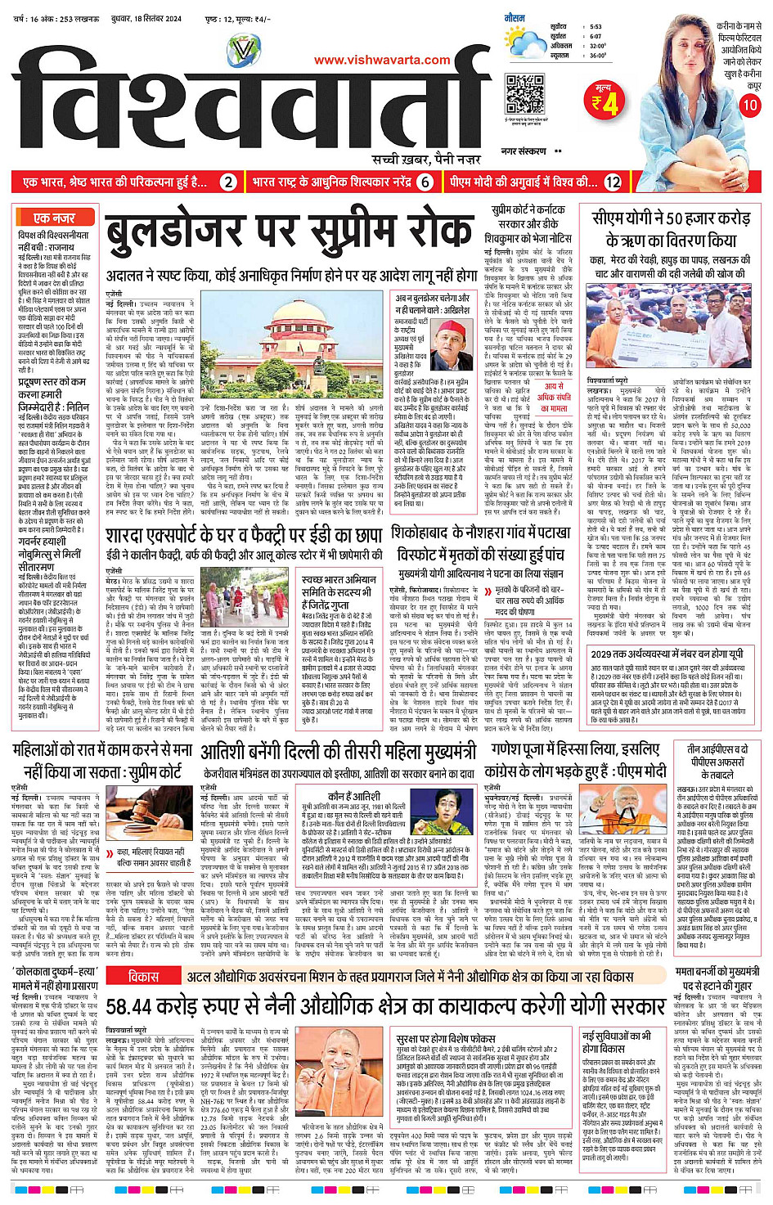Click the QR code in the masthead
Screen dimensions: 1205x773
tap(524, 94)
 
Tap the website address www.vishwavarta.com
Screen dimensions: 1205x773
tap(382, 59)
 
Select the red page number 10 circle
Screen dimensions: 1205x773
tap(750, 105)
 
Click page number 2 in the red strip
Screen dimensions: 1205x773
tap(229, 182)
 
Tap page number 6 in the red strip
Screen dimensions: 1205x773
tap(425, 182)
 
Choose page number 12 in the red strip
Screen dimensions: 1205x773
tap(613, 182)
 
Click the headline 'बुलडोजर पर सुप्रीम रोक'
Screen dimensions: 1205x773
tap(290, 233)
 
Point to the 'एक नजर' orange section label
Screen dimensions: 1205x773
tap(54, 218)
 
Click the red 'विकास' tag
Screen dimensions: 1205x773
tap(143, 977)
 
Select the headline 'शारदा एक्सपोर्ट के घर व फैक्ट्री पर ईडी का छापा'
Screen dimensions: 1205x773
tap(244, 536)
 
